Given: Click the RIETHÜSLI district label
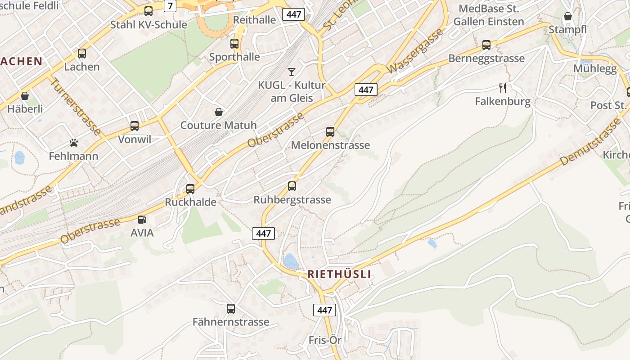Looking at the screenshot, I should (x=339, y=274).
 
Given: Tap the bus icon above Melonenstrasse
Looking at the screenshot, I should (x=330, y=132).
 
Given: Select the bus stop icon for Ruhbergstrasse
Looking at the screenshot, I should (x=292, y=186).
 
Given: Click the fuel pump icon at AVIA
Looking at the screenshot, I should (x=142, y=220).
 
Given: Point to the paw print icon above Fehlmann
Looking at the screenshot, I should (x=74, y=143).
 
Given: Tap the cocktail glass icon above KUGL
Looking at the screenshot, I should (x=292, y=72).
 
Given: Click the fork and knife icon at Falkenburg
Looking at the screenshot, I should (x=503, y=88).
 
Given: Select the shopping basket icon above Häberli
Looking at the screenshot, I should (x=25, y=96).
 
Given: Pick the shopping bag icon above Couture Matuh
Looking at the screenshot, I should (x=219, y=112).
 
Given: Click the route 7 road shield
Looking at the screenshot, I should (x=170, y=6).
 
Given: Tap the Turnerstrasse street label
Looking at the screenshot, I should (x=75, y=107).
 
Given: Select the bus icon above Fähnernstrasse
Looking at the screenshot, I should (x=231, y=309).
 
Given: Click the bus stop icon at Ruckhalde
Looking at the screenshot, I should (x=190, y=189).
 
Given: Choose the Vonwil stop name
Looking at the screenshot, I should (x=135, y=139).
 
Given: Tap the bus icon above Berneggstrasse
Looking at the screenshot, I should (x=486, y=45).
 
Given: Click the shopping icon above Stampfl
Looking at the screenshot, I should (x=568, y=17).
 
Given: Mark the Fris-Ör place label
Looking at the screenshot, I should (x=325, y=340).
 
